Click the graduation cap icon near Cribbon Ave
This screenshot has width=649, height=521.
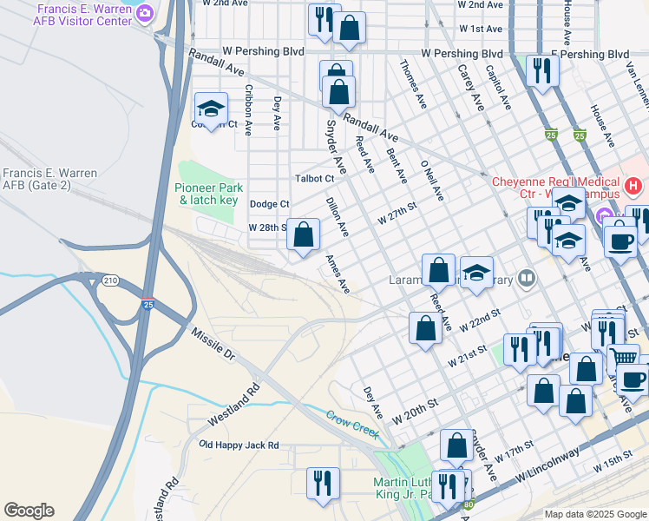point(211,109)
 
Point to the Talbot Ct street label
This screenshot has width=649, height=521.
point(314,178)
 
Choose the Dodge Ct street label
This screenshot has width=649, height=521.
point(269,204)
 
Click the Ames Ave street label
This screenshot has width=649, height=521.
point(338,273)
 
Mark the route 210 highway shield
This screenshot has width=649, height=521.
point(110,280)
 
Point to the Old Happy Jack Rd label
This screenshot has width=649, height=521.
point(239,445)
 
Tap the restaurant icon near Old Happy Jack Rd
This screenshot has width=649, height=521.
point(323,484)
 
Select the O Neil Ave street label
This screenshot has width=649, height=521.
point(432,181)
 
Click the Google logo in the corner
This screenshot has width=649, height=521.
point(29,511)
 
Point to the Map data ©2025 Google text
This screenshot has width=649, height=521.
point(594,514)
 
